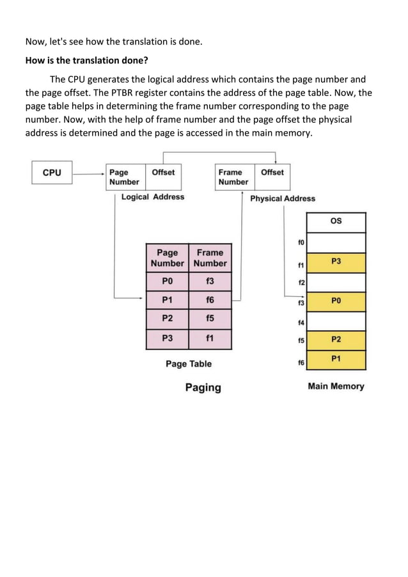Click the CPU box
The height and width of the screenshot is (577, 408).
pos(52,173)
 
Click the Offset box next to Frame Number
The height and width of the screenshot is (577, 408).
pos(272,177)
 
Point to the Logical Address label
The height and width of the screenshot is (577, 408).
pos(153,197)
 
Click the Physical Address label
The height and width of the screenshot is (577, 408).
pos(283,198)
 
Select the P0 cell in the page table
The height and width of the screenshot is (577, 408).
pos(167,281)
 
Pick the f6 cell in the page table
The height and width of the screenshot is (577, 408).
pos(210,299)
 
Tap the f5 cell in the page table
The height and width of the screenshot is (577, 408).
pos(210,318)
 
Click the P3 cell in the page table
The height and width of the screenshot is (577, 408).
pos(167,337)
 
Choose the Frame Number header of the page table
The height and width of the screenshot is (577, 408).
pos(210,258)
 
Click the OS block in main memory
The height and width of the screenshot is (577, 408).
pos(336,221)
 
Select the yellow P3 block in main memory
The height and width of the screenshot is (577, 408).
pos(336,262)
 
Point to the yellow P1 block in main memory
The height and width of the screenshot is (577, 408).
pos(336,360)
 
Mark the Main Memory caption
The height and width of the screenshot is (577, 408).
pos(336,386)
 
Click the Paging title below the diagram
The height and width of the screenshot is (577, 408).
pos(203,388)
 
